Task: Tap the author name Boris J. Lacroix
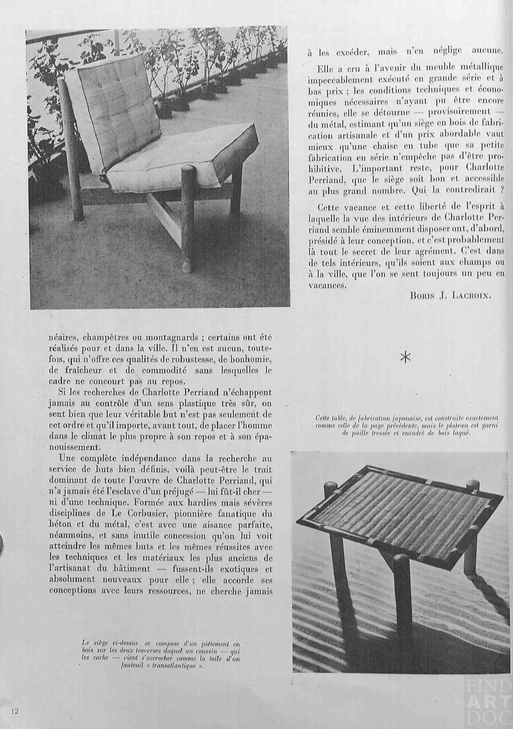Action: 451,295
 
